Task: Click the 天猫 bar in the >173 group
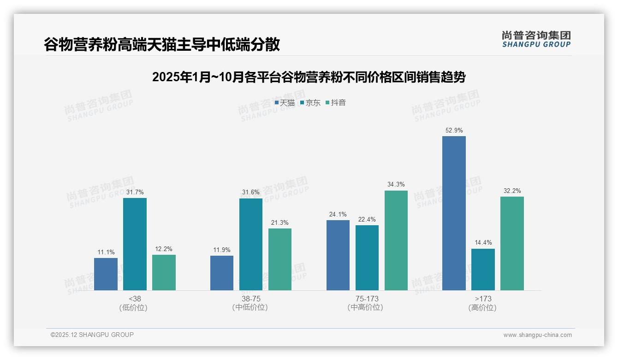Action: [x=454, y=213]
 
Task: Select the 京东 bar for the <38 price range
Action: [x=135, y=244]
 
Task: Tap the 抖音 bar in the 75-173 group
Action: [x=396, y=240]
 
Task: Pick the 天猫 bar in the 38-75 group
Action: [x=222, y=273]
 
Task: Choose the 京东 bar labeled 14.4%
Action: [x=483, y=270]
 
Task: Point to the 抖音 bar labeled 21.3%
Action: [x=280, y=259]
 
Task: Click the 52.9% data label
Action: [x=454, y=131]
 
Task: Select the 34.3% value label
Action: [x=396, y=185]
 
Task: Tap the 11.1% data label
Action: [x=106, y=252]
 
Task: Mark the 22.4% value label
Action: [x=367, y=219]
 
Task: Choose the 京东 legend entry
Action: [x=310, y=103]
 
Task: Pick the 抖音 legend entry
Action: [x=336, y=103]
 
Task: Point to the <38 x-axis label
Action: [x=135, y=299]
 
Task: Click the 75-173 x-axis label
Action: [x=367, y=299]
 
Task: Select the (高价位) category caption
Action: [x=482, y=307]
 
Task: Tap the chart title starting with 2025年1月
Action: [x=309, y=77]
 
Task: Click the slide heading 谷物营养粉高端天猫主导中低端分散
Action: [x=162, y=44]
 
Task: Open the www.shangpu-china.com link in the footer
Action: [x=537, y=335]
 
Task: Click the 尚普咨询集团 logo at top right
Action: [x=536, y=39]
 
